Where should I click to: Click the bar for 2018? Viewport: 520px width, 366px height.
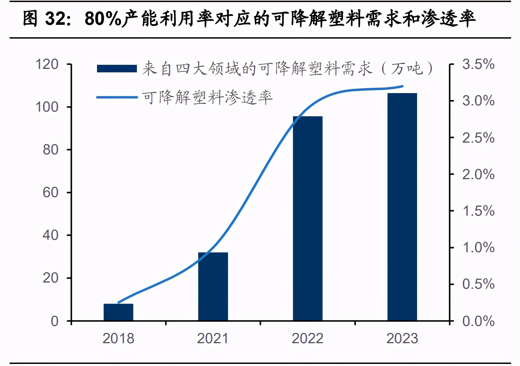pyautogui.click(x=118, y=312)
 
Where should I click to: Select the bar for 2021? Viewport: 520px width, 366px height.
pyautogui.click(x=213, y=286)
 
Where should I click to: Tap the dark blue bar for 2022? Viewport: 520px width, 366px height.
pyautogui.click(x=307, y=218)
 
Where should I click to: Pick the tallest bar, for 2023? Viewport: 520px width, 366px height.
pyautogui.click(x=402, y=207)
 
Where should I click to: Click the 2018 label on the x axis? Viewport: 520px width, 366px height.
pyautogui.click(x=118, y=338)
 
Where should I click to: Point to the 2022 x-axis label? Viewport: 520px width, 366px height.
pyautogui.click(x=307, y=338)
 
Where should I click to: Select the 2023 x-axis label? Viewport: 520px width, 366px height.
pyautogui.click(x=402, y=338)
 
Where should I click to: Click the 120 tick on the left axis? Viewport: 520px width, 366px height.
pyautogui.click(x=47, y=64)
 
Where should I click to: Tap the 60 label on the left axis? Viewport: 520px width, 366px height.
pyautogui.click(x=51, y=192)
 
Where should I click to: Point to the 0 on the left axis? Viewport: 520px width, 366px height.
pyautogui.click(x=55, y=321)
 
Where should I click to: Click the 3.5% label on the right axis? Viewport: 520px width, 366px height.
pyautogui.click(x=478, y=64)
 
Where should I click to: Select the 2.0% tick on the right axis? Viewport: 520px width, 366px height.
pyautogui.click(x=478, y=174)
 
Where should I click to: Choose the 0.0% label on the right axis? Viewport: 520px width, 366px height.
pyautogui.click(x=478, y=321)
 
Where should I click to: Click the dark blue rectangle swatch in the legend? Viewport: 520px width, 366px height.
pyautogui.click(x=117, y=69)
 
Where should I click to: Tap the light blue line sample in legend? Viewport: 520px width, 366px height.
pyautogui.click(x=117, y=98)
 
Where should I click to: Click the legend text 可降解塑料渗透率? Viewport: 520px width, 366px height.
pyautogui.click(x=207, y=98)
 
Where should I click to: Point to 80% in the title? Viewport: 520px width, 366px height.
pyautogui.click(x=103, y=19)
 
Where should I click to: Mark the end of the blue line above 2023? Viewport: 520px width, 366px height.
pyautogui.click(x=402, y=86)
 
